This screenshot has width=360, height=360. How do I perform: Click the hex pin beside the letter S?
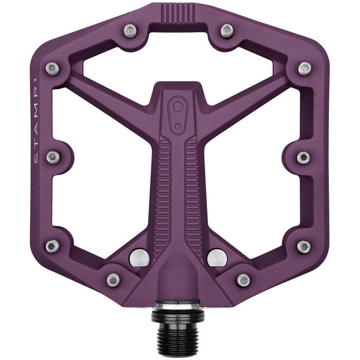tap(54, 157)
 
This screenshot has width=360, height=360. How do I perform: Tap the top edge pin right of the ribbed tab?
tap(225, 30)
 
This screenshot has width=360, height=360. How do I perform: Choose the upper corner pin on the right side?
tap(304, 68)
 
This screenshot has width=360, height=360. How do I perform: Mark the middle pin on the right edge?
tap(304, 157)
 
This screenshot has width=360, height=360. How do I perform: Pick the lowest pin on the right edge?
tap(304, 246)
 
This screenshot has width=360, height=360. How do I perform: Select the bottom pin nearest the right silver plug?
tap(243, 279)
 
